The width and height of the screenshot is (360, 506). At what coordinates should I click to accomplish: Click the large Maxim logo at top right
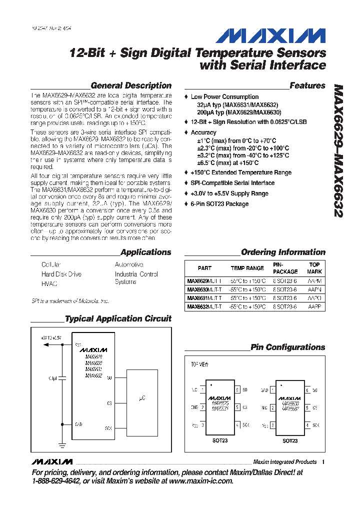[x=270, y=35]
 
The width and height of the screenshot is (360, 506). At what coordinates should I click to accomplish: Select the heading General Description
[x=131, y=85]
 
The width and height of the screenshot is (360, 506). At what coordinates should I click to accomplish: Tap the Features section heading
[x=307, y=85]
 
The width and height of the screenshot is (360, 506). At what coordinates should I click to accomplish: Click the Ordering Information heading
[x=283, y=252]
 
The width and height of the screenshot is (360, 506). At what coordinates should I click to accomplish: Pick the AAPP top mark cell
[x=314, y=306]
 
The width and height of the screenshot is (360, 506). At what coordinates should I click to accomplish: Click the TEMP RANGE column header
[x=247, y=268]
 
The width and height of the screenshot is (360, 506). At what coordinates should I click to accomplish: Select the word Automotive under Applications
[x=129, y=264]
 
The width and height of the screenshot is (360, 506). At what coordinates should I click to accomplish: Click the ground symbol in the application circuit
[x=62, y=444]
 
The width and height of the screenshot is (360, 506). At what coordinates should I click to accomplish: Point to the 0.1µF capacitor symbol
[x=62, y=378]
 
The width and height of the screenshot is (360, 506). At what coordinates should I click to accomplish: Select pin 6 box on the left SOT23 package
[x=237, y=389]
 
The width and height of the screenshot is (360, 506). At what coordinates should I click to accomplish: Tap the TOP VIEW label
[x=199, y=364]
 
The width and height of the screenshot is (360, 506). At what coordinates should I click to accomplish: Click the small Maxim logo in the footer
[x=51, y=461]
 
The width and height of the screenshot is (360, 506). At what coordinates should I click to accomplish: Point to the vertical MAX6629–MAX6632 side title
[x=337, y=150]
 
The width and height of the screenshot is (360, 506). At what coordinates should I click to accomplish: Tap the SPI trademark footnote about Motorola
[x=70, y=301]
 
